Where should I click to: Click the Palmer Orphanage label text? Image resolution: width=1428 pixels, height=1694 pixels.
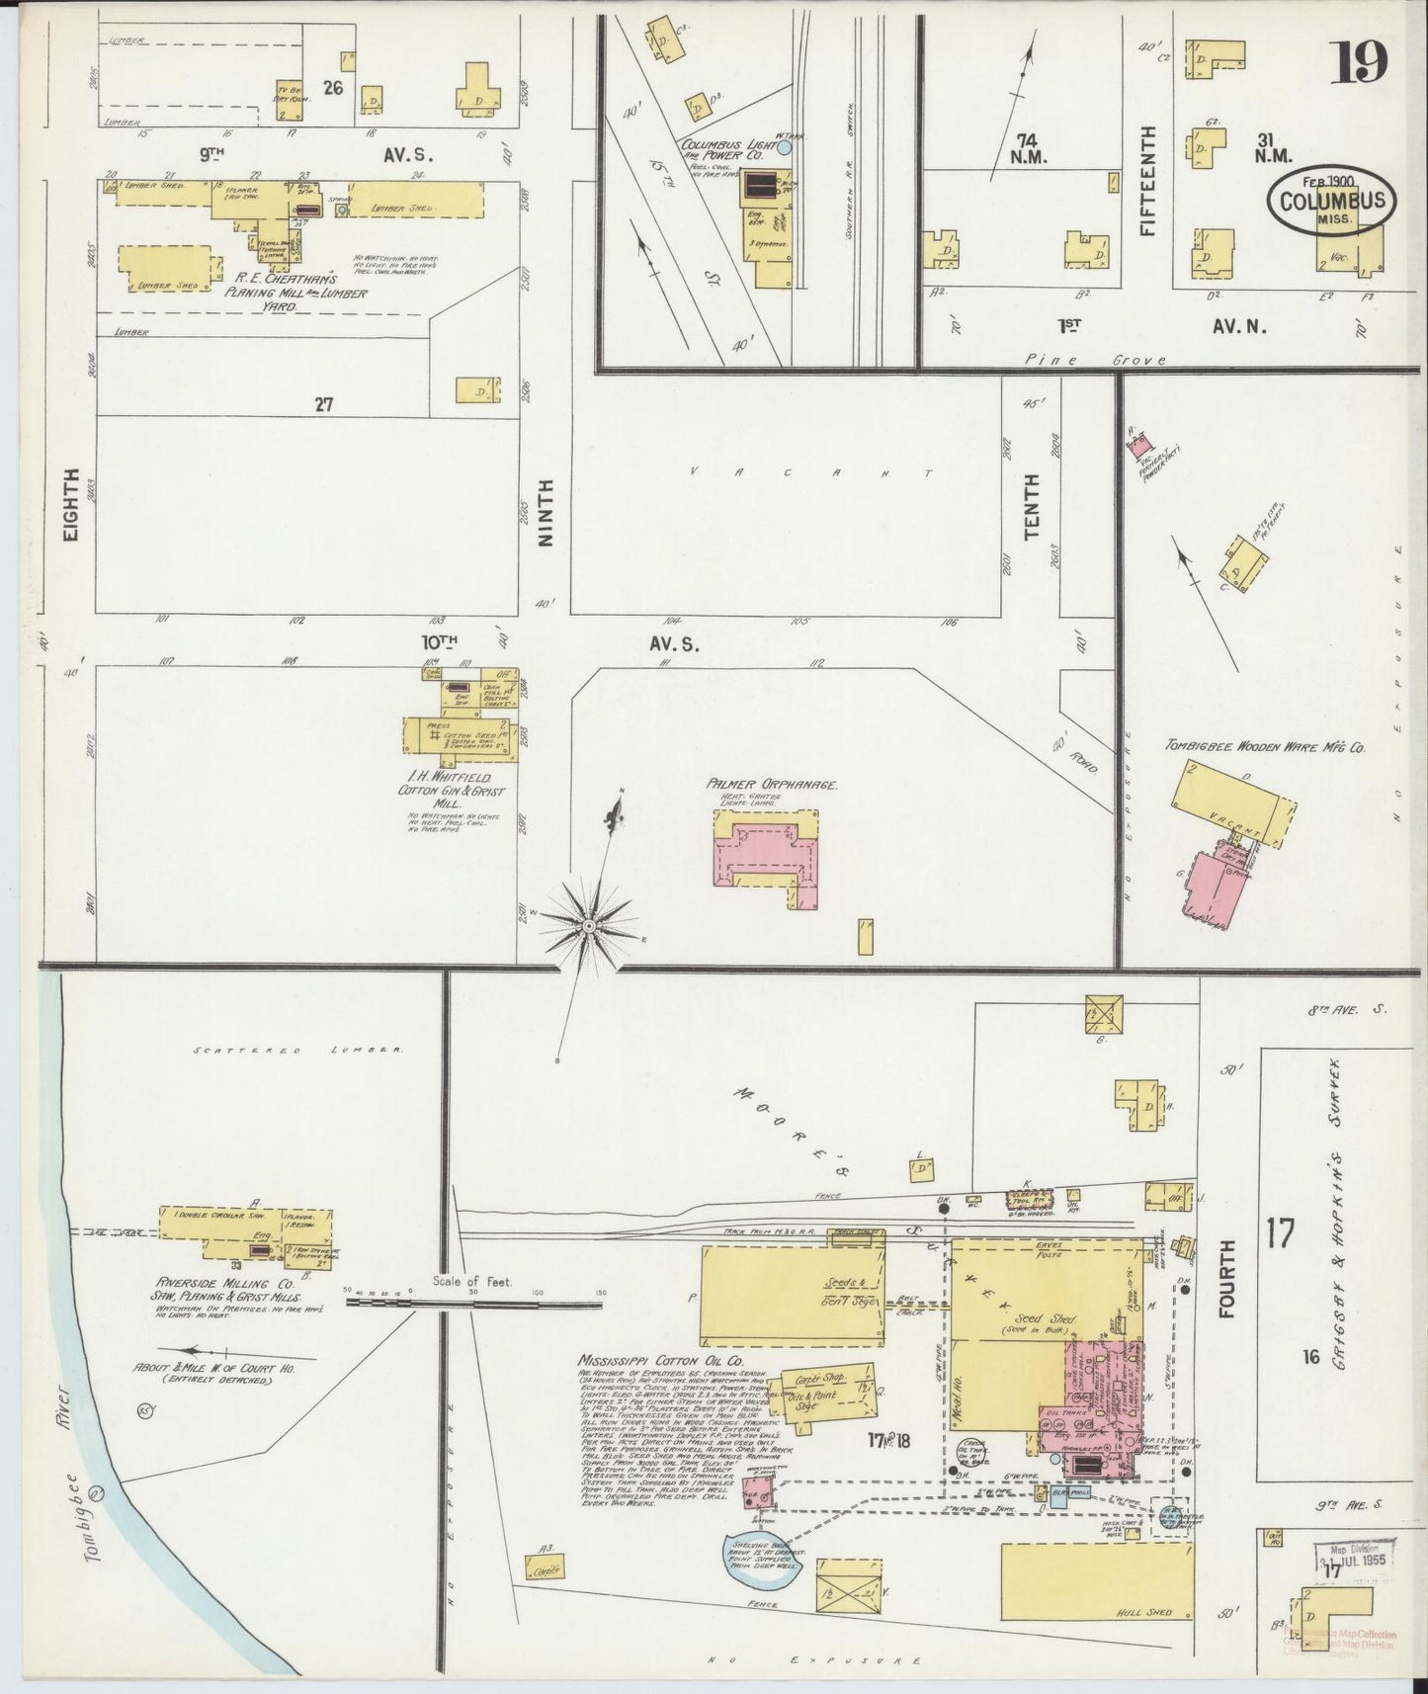pos(772,785)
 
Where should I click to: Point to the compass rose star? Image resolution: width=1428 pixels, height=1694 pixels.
pos(589,925)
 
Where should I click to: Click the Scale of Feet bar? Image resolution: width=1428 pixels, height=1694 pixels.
pos(474,1304)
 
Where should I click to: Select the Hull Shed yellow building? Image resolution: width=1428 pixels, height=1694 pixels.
pos(1096,1582)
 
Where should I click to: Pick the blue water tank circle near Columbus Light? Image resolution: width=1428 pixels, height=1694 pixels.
pos(784,147)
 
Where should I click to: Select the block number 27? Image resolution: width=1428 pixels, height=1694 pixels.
pos(322,403)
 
